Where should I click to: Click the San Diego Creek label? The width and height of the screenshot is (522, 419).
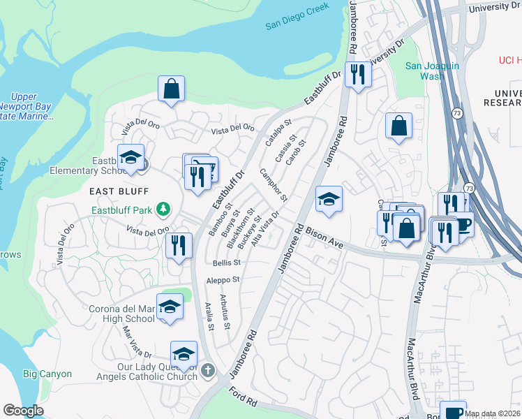pos(296,26)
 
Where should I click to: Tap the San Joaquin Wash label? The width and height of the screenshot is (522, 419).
pos(433,71)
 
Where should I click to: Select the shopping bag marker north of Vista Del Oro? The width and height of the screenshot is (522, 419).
pos(171,89)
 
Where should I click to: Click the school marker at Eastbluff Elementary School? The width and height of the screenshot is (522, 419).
pos(130,157)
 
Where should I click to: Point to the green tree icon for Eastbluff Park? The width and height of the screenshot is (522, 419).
pos(163,209)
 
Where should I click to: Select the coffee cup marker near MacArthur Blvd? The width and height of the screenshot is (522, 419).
pos(461,225)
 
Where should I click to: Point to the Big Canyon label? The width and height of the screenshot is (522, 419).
pos(47,374)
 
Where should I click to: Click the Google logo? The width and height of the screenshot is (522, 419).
pos(23,411)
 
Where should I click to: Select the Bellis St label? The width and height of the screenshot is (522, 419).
pos(226,263)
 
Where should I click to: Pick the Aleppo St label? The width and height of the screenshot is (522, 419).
pos(223,279)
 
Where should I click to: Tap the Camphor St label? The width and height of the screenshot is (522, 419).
pos(274,185)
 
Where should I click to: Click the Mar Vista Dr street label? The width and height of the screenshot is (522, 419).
pos(137,341)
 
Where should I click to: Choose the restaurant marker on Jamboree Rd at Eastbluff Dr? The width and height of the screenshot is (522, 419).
pos(358,75)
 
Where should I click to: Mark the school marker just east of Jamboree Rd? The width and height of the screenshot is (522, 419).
pos(329,200)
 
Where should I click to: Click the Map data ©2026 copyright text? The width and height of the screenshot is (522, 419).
pos(492,413)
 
